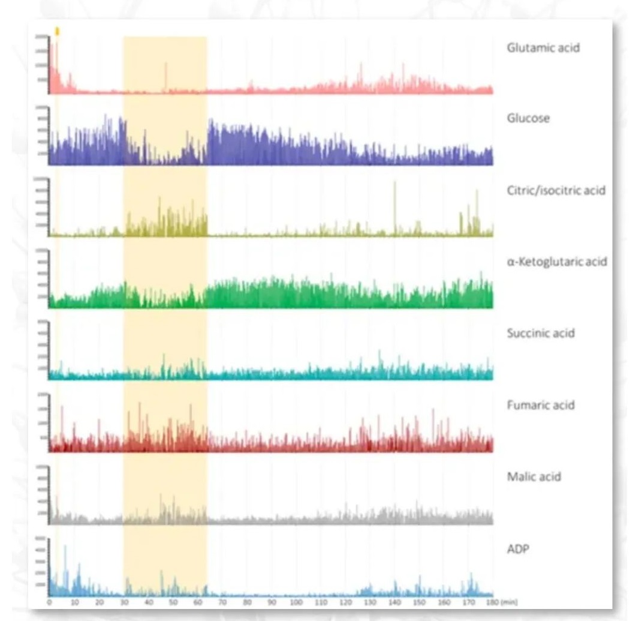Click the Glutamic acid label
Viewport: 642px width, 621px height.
tap(543, 47)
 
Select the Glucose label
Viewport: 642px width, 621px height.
tap(528, 118)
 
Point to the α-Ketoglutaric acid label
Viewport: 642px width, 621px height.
tap(557, 262)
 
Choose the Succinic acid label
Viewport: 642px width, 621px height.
tap(540, 333)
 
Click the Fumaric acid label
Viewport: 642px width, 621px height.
tap(540, 405)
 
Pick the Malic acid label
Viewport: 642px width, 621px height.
tap(534, 477)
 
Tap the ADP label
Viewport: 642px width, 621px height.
tap(518, 548)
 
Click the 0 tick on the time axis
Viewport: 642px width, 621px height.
tap(50, 602)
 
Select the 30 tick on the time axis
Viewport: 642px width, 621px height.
tap(124, 602)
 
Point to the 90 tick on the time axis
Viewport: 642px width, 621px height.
tap(272, 602)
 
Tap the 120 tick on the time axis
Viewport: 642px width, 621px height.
tap(345, 602)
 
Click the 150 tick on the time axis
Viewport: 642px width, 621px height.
tap(419, 602)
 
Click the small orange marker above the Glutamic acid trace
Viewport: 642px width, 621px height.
tap(57, 31)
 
